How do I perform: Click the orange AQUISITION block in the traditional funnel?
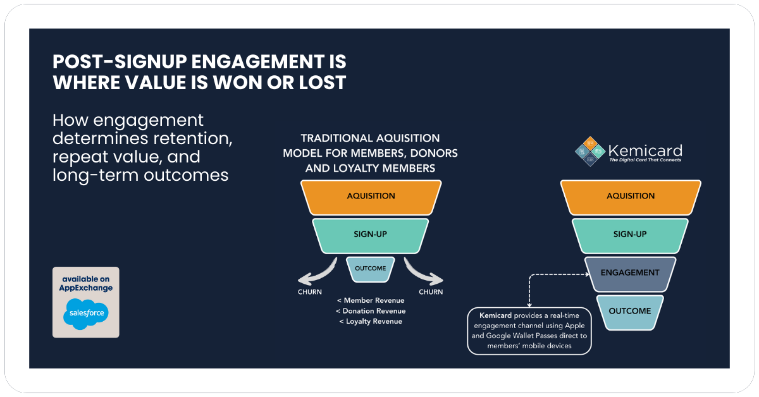coord(371,196)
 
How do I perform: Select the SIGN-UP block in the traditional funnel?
coord(371,235)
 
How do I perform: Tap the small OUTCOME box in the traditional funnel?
coord(371,269)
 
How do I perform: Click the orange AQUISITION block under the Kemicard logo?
coord(631,196)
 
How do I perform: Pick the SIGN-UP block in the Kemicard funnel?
coord(631,235)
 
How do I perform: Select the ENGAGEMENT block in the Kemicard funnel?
coord(631,273)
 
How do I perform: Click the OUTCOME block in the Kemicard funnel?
coord(631,311)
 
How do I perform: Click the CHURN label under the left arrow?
coord(310,292)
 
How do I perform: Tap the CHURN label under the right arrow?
coord(431,292)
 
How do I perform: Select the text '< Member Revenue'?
coord(371,300)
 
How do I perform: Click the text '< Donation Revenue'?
coord(371,311)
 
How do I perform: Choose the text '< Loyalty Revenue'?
coord(371,321)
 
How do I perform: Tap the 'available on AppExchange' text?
coord(86,283)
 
